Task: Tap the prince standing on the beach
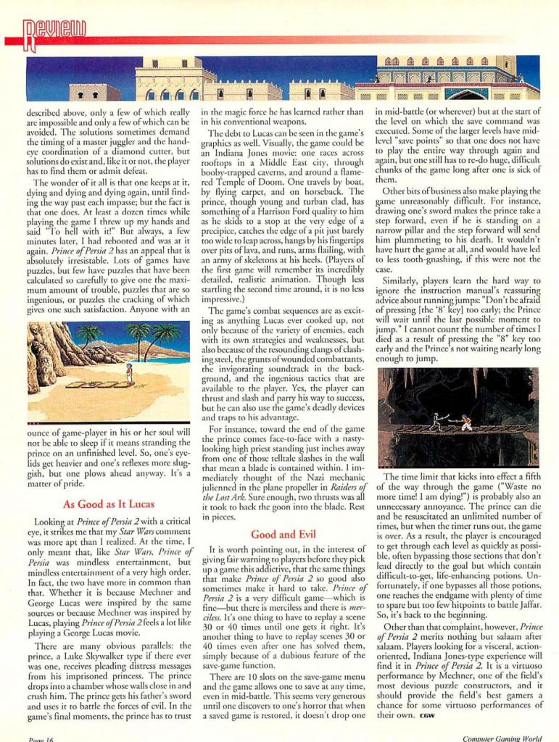tap(130, 372)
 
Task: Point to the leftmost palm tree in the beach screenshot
tap(89, 338)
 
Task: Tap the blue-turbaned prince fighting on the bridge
tap(465, 421)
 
